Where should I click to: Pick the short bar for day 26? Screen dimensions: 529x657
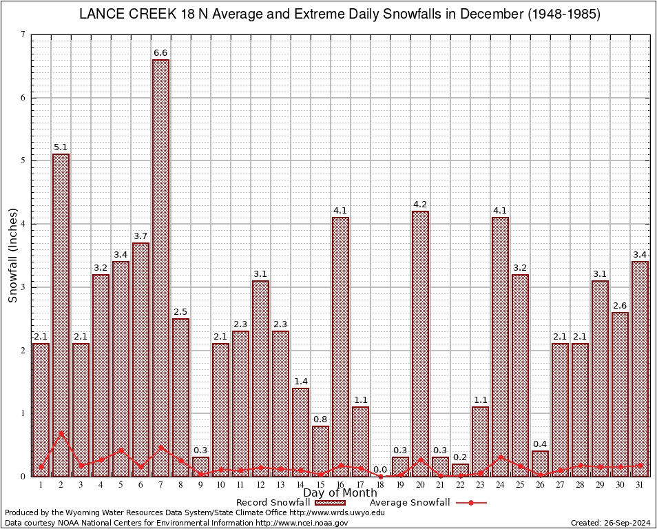click(x=540, y=464)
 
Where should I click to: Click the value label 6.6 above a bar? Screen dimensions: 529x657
click(x=160, y=53)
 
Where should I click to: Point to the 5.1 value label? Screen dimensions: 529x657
click(x=61, y=147)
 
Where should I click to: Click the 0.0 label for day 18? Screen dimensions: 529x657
click(x=380, y=470)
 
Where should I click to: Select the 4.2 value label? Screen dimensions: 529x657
click(x=420, y=205)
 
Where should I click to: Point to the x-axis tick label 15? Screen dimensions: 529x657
click(x=320, y=485)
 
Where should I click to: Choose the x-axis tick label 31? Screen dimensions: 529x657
click(x=640, y=485)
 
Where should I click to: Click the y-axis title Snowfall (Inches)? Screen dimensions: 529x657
click(x=12, y=255)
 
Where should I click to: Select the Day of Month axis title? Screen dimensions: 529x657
click(x=340, y=493)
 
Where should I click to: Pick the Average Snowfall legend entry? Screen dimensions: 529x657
click(x=410, y=503)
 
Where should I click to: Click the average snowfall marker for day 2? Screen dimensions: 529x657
click(x=61, y=434)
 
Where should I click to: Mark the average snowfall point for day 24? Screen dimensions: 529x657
click(x=500, y=457)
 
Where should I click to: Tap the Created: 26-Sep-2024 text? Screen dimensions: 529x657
click(x=611, y=523)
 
